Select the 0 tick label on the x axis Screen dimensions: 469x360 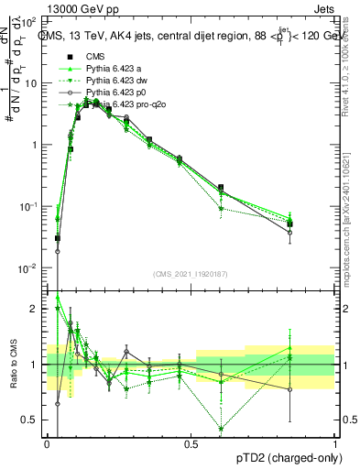(x=48, y=442)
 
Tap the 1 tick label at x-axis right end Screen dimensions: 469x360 (x=334, y=442)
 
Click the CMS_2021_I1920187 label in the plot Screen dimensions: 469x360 (x=191, y=274)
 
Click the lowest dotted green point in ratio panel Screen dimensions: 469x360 (x=221, y=429)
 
